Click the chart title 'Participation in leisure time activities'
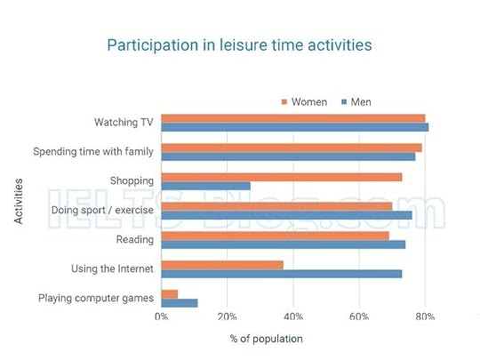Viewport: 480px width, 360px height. (x=239, y=44)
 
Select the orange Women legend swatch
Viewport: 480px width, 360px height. (x=285, y=101)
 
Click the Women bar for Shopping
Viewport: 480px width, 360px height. (x=282, y=177)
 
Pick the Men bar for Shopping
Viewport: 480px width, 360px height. (x=206, y=187)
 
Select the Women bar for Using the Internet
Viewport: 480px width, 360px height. (x=222, y=265)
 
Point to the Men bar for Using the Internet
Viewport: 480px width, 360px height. (x=282, y=274)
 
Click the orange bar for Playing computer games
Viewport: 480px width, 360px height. (x=170, y=294)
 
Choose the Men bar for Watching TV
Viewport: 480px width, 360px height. (x=295, y=127)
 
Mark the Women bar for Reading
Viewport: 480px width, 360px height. (x=276, y=236)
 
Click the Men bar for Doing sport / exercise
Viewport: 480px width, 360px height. (x=287, y=215)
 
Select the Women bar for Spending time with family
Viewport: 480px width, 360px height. (x=292, y=148)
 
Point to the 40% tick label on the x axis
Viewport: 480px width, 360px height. (x=293, y=316)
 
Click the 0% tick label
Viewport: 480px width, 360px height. (x=162, y=316)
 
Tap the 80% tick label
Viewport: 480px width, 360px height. (x=426, y=316)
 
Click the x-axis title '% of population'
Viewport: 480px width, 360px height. (x=266, y=339)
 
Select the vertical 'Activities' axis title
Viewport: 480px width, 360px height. (x=19, y=202)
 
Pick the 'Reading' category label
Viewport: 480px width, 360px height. (x=135, y=240)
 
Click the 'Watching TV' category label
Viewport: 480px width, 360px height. (x=124, y=123)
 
